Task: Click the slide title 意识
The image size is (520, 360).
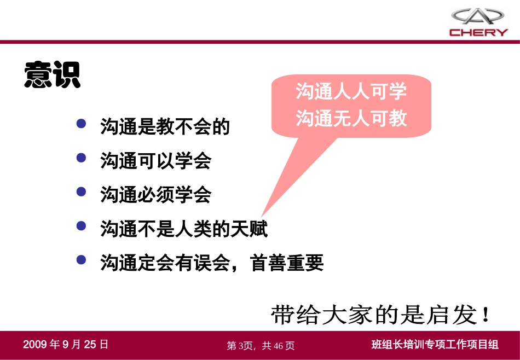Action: [52, 74]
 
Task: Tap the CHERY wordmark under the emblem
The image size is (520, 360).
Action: [479, 32]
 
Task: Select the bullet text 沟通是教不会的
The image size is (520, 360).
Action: [165, 127]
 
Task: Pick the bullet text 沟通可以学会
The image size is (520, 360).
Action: [156, 161]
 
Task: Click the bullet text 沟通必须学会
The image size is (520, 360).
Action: [156, 195]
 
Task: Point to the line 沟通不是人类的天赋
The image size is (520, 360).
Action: [184, 229]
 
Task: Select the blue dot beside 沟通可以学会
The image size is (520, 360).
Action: [82, 158]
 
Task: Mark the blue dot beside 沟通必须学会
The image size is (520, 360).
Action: [82, 192]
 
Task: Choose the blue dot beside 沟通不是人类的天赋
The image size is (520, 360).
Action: [82, 226]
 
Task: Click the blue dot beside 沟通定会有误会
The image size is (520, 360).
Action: [82, 260]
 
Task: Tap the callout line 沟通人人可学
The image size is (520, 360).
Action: [351, 91]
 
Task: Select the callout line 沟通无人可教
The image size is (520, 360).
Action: [351, 118]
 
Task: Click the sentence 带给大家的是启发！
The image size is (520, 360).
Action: [382, 315]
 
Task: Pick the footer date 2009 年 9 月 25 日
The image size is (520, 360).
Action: [66, 344]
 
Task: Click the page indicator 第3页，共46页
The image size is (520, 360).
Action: [261, 345]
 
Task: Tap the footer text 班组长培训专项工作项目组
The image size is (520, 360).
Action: [435, 345]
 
